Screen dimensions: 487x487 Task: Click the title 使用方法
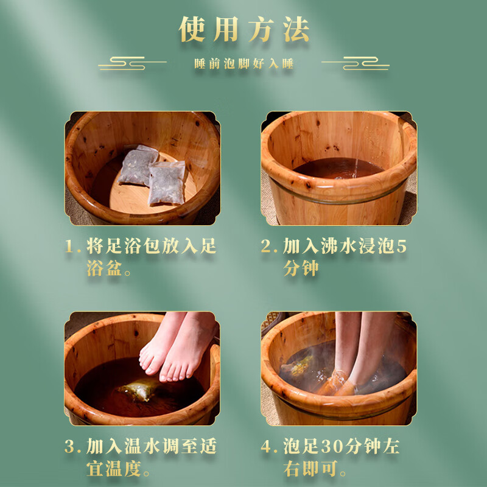coord(243,29)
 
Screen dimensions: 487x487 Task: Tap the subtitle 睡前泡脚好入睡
coord(243,64)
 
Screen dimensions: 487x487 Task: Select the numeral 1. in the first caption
coord(73,247)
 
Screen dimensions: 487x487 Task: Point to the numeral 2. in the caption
coord(270,247)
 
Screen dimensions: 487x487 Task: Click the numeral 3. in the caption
coord(73,447)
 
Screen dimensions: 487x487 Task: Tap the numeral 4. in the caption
coord(270,447)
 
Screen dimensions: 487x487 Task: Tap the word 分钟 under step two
coord(301,268)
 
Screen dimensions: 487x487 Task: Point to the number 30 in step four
coord(325,447)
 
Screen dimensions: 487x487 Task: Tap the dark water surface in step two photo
coord(338,168)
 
